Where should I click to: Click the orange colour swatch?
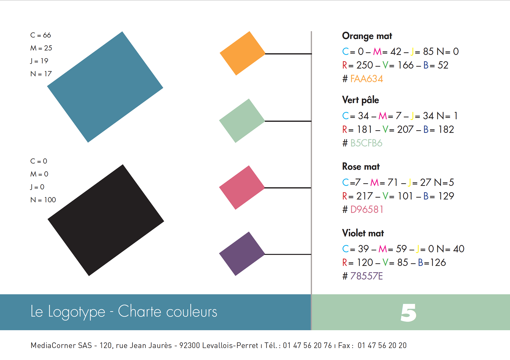[242, 53]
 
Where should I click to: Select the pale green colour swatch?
[242, 121]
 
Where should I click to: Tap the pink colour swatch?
[242, 187]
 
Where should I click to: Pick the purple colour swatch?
[242, 254]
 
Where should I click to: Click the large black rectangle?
[106, 220]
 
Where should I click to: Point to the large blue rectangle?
[105, 87]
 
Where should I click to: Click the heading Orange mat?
[367, 36]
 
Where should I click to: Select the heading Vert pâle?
[360, 100]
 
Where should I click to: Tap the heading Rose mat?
[361, 167]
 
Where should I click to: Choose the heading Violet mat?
[363, 233]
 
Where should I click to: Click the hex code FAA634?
[367, 79]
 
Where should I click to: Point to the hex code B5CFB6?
[366, 143]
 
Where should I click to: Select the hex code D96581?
[367, 210]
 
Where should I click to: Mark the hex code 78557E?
[366, 276]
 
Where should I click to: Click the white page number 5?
[408, 313]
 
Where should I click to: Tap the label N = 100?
[43, 200]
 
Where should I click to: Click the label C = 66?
[40, 35]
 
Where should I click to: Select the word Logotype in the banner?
[76, 312]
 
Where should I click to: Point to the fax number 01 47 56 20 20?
[382, 345]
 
